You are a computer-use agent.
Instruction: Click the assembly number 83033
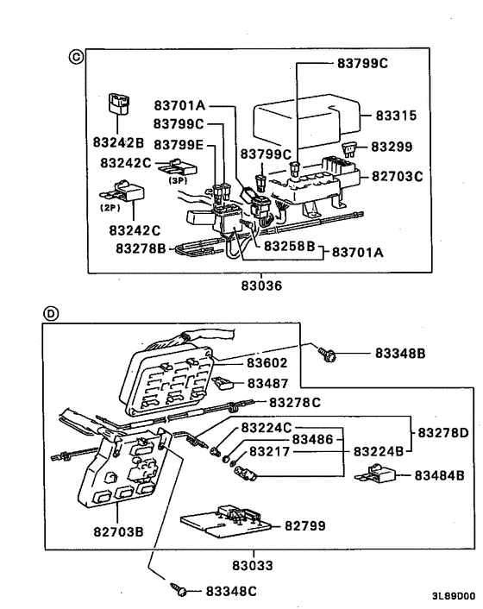(252, 567)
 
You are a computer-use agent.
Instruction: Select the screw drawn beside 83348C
(179, 589)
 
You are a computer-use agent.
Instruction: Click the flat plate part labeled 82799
(229, 524)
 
